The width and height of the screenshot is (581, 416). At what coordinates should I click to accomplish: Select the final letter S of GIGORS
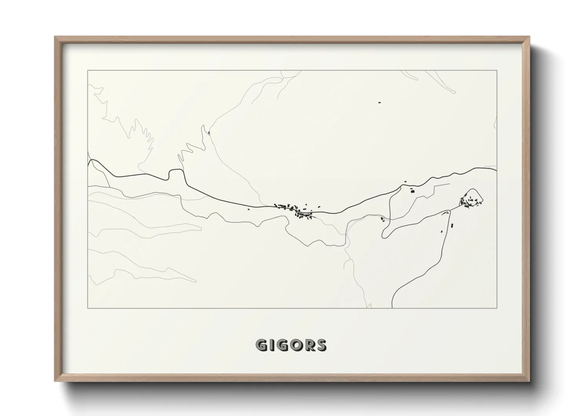321,345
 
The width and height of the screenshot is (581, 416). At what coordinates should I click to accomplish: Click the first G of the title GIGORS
261,345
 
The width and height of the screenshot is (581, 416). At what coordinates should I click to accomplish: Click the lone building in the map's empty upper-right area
380,103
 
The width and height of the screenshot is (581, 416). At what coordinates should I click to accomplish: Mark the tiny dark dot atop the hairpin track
209,133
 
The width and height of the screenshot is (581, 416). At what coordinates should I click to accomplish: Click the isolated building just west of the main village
249,209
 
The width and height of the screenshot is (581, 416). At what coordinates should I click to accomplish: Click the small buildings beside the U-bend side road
382,219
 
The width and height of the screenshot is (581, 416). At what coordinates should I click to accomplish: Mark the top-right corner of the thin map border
497,71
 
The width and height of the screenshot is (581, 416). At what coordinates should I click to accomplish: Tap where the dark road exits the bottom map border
393,308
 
